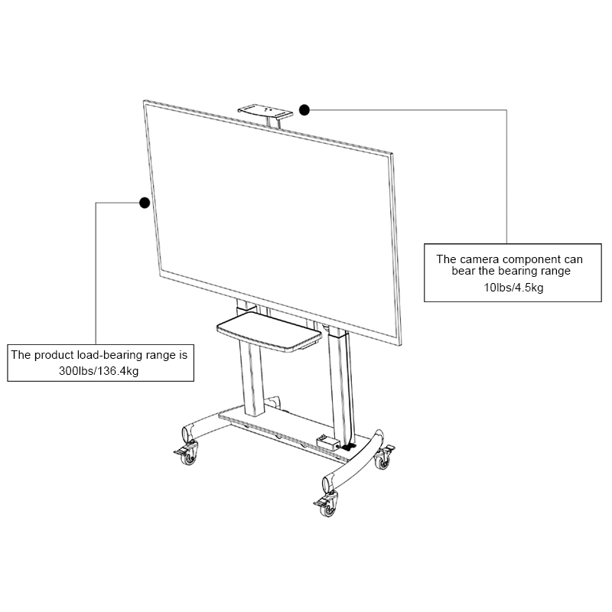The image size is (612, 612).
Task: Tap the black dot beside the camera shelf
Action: point(304,110)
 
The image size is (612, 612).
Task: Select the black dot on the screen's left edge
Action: point(145,203)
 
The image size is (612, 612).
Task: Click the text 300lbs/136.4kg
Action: point(99,370)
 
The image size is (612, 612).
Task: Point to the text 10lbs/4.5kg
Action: point(513,288)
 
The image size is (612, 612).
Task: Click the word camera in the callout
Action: point(477,259)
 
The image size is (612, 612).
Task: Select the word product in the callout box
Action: point(54,355)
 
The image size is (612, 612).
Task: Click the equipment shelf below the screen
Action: point(269,331)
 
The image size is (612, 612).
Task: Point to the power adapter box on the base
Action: point(328,442)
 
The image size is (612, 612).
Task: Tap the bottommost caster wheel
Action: point(328,507)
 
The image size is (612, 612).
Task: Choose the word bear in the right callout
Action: point(464,271)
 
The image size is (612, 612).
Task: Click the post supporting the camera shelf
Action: point(274,121)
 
